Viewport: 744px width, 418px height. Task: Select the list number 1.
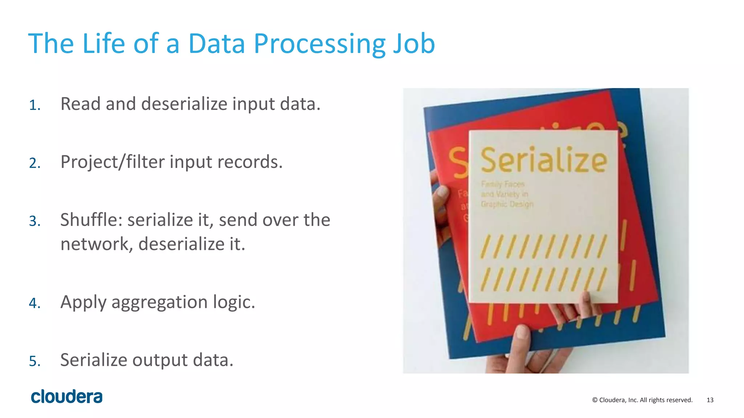[35, 105]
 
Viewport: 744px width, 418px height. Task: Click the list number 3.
[35, 221]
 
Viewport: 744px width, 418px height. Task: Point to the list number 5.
[35, 361]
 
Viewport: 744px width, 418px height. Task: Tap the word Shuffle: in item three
[91, 220]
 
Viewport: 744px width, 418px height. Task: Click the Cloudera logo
[67, 397]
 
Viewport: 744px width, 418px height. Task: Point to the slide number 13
[710, 400]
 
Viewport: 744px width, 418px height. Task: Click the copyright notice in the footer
[642, 400]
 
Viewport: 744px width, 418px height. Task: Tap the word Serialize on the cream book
[543, 160]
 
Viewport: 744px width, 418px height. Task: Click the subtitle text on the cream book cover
[506, 194]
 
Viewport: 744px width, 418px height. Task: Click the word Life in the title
[104, 44]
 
